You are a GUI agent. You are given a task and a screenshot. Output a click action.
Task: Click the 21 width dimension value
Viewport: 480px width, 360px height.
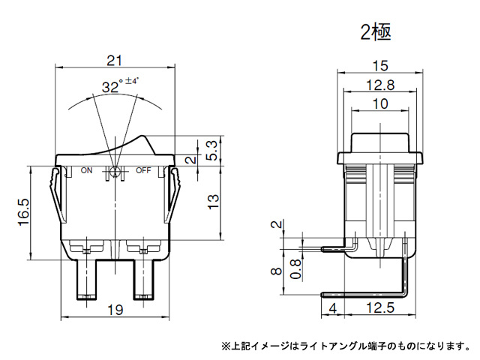coord(114,61)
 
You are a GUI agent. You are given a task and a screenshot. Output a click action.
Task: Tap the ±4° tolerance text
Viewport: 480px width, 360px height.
coord(132,81)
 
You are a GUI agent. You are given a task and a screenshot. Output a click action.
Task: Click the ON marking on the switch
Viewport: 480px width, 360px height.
coord(86,170)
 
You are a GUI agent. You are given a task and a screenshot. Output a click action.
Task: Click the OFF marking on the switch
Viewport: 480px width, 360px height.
coord(143,170)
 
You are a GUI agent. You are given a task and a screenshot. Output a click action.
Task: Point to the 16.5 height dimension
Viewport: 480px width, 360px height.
coord(24,212)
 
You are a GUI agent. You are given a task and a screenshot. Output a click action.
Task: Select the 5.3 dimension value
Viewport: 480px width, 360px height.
coord(213,150)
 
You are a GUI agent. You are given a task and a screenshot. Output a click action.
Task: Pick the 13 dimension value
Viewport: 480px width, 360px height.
coord(213,202)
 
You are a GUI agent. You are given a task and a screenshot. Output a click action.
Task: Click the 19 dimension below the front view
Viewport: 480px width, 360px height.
coord(115,310)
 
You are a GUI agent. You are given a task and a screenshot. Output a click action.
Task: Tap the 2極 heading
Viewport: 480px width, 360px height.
coord(376,32)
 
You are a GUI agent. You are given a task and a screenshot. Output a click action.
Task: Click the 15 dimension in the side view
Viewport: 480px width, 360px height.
coord(380,65)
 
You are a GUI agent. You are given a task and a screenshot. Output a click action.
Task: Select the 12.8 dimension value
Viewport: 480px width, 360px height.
coord(380,85)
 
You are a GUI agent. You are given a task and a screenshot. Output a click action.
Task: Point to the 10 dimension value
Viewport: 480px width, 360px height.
coord(380,103)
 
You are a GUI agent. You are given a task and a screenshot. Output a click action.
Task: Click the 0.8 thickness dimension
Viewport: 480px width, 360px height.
coord(295,268)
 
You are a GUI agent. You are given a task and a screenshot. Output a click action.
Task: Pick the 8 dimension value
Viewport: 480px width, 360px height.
coord(277,271)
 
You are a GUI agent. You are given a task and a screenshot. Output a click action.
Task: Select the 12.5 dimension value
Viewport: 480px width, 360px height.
coord(380,307)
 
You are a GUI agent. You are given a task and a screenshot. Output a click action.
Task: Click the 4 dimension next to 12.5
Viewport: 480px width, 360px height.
coord(332,308)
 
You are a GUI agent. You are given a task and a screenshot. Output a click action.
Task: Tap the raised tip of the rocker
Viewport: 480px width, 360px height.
coord(142,136)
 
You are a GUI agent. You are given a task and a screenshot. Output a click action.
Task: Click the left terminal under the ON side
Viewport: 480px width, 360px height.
coord(86,280)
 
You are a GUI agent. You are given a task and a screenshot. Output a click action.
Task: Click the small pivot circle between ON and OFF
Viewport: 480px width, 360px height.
coord(115,172)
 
